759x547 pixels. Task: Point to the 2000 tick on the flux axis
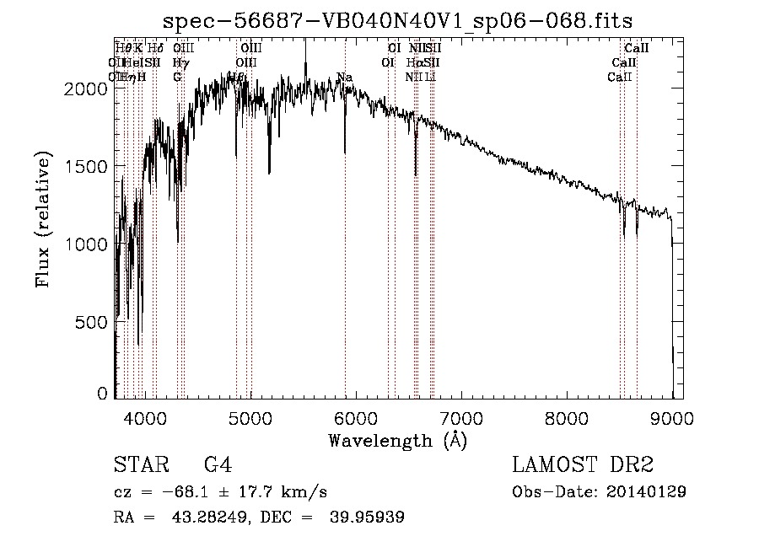(83, 89)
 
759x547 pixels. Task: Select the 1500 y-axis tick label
(83, 167)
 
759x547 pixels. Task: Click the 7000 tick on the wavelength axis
(460, 417)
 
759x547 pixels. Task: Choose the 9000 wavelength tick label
(672, 417)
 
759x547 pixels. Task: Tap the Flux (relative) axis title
(42, 218)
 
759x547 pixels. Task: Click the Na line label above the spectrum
(344, 78)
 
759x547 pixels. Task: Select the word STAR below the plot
(139, 465)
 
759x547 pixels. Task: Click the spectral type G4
(218, 465)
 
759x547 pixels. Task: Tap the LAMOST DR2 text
(583, 465)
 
